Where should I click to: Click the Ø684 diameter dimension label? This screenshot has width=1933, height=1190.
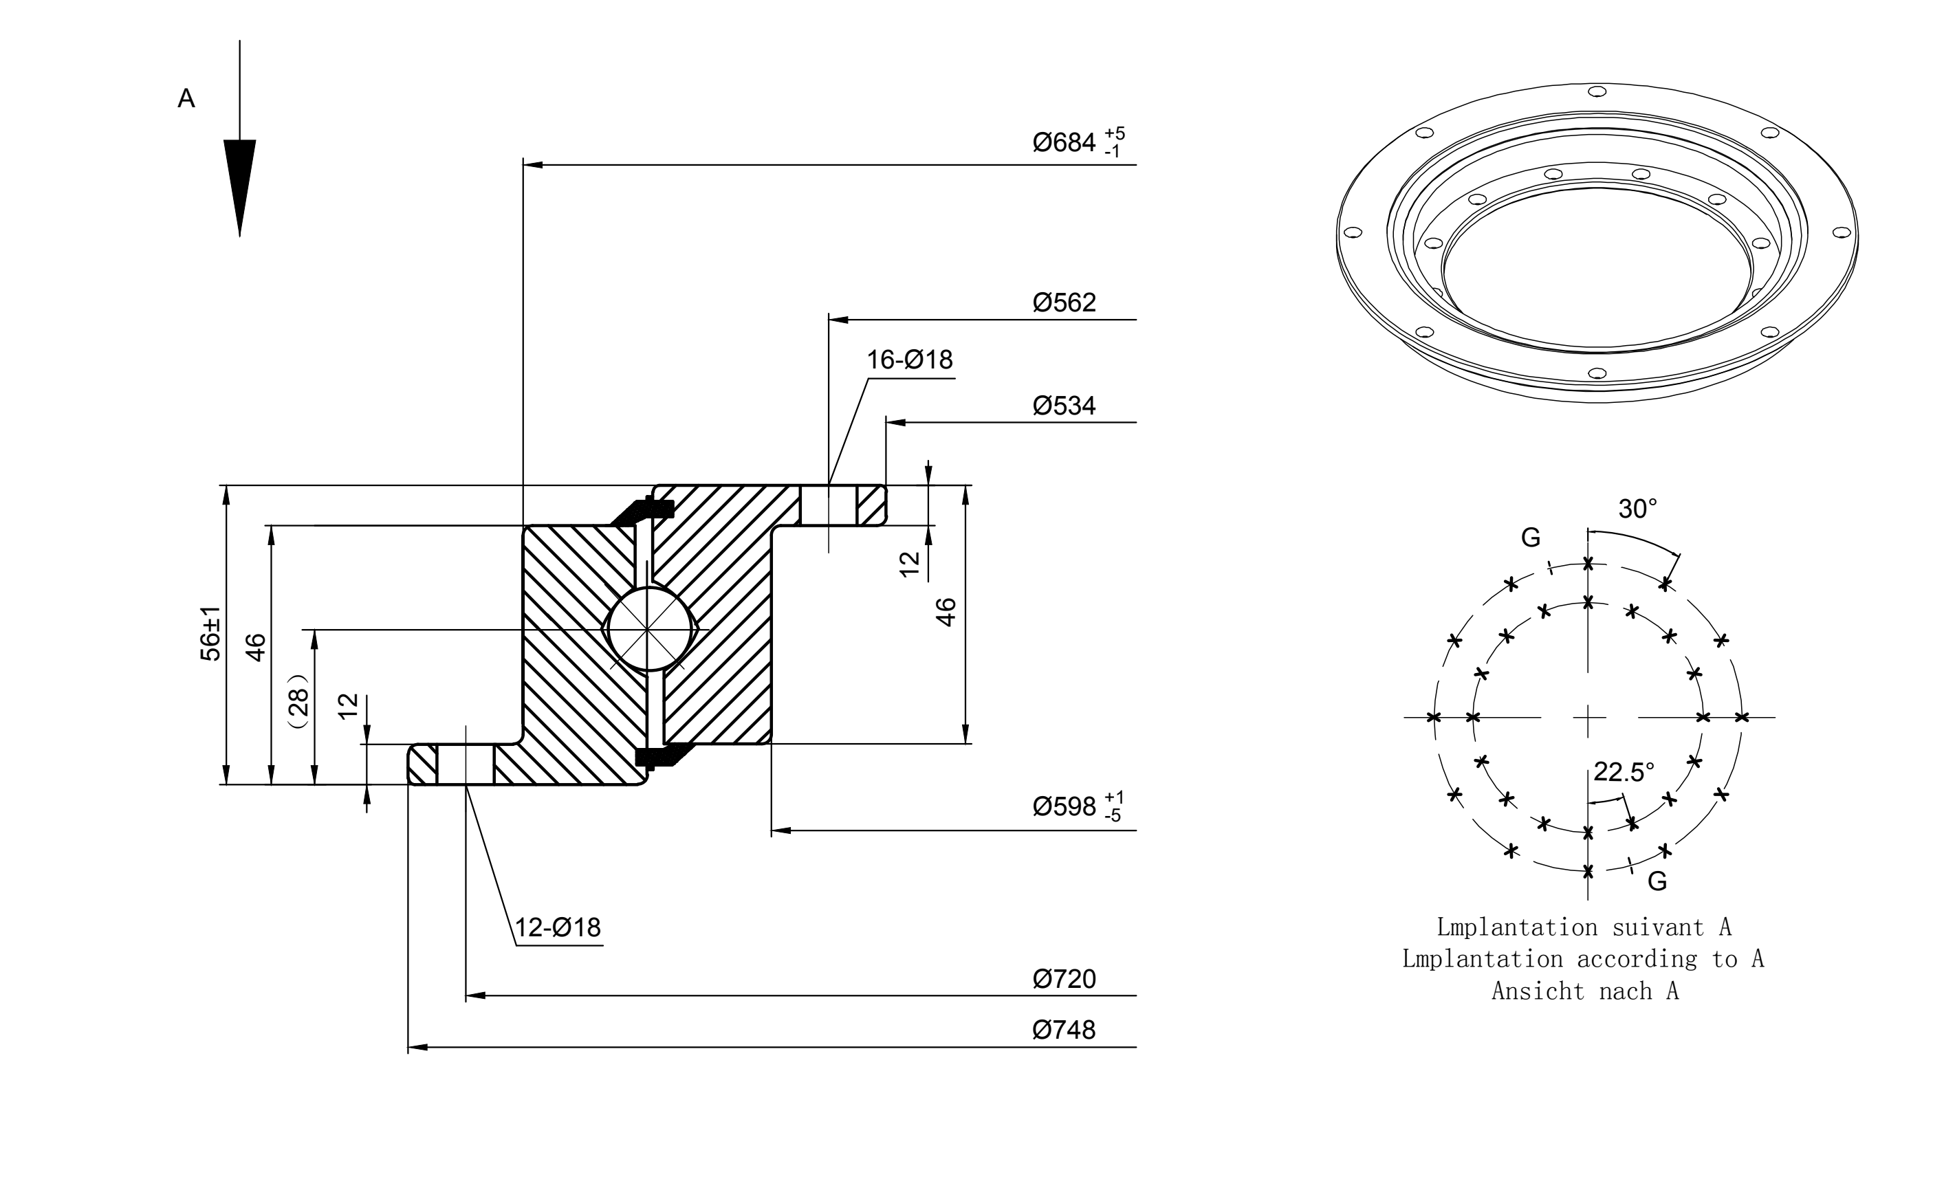tap(1078, 142)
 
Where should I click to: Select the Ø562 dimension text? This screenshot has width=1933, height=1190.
tap(1064, 302)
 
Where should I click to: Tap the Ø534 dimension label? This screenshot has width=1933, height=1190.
tap(1064, 406)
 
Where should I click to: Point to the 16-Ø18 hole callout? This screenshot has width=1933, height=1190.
tap(910, 360)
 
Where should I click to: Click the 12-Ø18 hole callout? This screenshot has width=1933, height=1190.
tap(558, 927)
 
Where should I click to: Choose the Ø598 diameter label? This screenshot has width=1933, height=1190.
tap(1078, 806)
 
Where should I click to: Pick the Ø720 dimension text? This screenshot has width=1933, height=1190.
tap(1064, 979)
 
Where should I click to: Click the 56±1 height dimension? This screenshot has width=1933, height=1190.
tap(211, 634)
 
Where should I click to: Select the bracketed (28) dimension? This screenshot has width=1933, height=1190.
tap(299, 701)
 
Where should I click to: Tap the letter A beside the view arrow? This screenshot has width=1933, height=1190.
tap(186, 98)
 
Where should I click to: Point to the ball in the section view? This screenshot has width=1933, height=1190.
tap(648, 630)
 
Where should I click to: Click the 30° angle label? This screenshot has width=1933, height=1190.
tap(1638, 509)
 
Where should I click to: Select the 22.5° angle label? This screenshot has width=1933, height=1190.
tap(1624, 772)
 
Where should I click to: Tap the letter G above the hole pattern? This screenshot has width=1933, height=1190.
tap(1531, 538)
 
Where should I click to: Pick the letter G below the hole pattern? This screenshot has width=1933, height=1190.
tap(1657, 881)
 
